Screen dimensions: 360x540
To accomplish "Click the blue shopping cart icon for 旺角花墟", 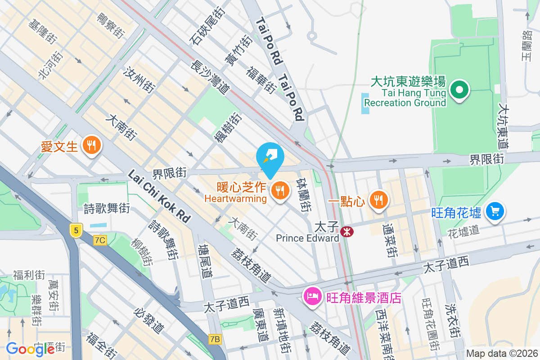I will pyautogui.click(x=495, y=211).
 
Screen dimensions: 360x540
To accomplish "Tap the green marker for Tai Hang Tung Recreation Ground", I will pyautogui.click(x=459, y=90).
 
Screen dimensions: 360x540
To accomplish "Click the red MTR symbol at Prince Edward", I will pyautogui.click(x=347, y=232).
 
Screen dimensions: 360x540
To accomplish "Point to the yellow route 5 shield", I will pyautogui.click(x=76, y=230).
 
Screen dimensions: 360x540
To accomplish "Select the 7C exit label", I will pyautogui.click(x=100, y=240).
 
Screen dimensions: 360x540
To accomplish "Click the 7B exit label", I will pyautogui.click(x=215, y=339).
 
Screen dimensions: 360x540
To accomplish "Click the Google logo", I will pyautogui.click(x=30, y=348).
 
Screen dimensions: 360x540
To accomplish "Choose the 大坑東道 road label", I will pyautogui.click(x=504, y=126).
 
